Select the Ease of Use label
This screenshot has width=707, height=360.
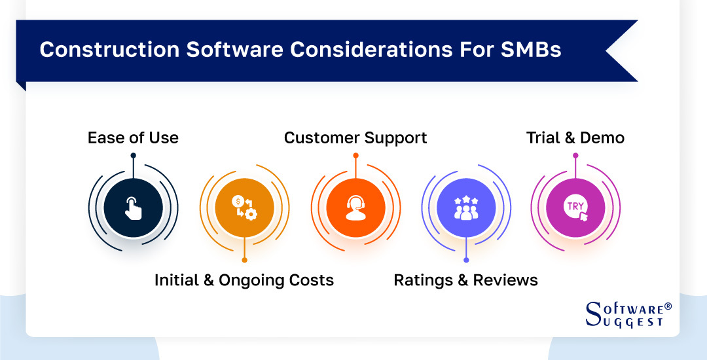pyautogui.click(x=133, y=138)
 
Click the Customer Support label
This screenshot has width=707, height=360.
pyautogui.click(x=355, y=138)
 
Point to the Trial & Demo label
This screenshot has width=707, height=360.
pyautogui.click(x=575, y=138)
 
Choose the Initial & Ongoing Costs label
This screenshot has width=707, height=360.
pyautogui.click(x=244, y=281)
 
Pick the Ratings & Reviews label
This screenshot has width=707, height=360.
pyautogui.click(x=465, y=281)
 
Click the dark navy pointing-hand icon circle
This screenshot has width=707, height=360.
pyautogui.click(x=133, y=207)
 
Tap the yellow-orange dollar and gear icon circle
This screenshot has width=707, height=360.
pyautogui.click(x=244, y=207)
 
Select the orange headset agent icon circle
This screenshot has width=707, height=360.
pyautogui.click(x=355, y=207)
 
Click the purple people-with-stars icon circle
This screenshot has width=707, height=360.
pyautogui.click(x=465, y=207)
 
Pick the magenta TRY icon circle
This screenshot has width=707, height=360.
pyautogui.click(x=575, y=207)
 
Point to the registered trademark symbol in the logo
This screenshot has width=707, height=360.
pyautogui.click(x=668, y=306)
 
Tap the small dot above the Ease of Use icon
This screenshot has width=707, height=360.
pyautogui.click(x=133, y=156)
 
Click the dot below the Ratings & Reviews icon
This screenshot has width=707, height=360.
pyautogui.click(x=465, y=260)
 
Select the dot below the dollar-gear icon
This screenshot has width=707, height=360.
pyautogui.click(x=244, y=260)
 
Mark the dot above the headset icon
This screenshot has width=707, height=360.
pyautogui.click(x=355, y=156)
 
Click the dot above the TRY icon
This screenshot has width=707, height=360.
pyautogui.click(x=575, y=156)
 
